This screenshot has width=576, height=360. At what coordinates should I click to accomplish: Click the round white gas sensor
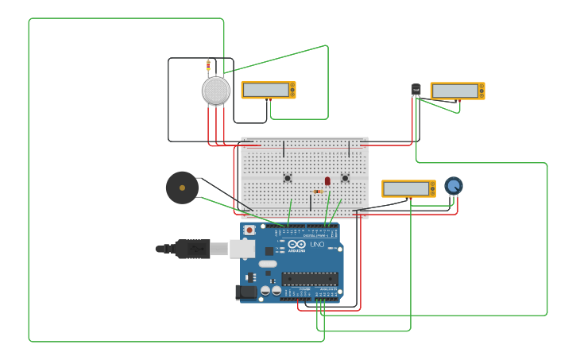pos(215,91)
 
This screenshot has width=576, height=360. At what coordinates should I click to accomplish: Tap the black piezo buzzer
pos(182,188)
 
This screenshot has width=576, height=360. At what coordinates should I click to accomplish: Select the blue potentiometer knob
pos(453,185)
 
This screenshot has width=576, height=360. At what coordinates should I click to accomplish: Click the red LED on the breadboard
pos(327,181)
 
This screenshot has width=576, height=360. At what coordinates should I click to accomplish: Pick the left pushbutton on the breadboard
pos(288,178)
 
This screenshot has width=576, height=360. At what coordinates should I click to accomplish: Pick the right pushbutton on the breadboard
pos(345,178)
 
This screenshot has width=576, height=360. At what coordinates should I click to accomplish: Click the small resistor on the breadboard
pos(318,192)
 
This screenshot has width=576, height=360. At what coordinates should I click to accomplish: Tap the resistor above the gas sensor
pos(208,65)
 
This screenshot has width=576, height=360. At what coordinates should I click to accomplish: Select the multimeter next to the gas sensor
pos(269,90)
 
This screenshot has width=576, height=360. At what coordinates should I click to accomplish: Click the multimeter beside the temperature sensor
pos(457,91)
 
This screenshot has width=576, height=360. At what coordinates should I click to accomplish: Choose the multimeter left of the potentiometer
pos(408,188)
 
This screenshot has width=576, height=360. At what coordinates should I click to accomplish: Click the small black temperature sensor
pos(416,90)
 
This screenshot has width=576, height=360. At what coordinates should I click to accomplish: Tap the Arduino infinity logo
pos(296,245)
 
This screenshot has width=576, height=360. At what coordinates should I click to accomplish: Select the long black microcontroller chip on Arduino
pos(310,279)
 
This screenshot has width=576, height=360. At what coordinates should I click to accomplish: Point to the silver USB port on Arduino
pos(242,249)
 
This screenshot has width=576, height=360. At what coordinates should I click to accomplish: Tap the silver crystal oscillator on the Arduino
pos(268,264)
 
